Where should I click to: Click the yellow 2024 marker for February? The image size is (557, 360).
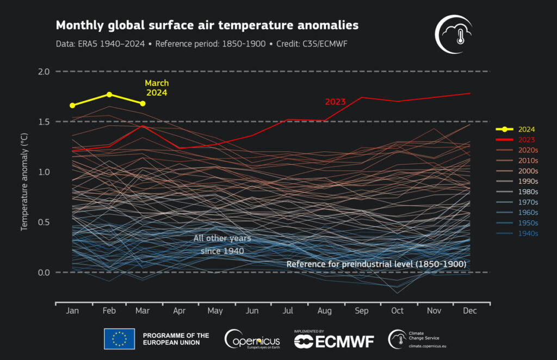[109, 95]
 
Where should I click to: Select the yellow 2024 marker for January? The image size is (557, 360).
[72, 105]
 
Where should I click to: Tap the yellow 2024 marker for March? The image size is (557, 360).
[143, 103]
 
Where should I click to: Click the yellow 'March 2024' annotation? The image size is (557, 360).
[157, 88]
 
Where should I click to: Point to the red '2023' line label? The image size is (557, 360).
[335, 102]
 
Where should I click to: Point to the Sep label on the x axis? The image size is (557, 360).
[361, 311]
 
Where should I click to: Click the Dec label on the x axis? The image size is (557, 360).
[469, 311]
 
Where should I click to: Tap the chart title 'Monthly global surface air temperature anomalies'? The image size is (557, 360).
[207, 26]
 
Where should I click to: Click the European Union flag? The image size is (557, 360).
[119, 338]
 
